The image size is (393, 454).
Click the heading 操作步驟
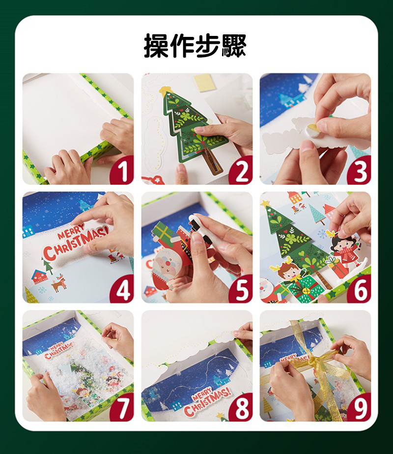click(x=195, y=46)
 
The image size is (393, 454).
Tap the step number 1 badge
click(x=122, y=171)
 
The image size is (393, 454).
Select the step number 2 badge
click(x=241, y=171)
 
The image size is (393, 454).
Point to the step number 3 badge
click(x=360, y=171)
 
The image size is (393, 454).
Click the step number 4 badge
click(x=122, y=289)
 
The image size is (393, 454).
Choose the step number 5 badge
click(x=241, y=289)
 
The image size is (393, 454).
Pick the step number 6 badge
click(x=360, y=289)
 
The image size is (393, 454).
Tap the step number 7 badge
click(x=122, y=408)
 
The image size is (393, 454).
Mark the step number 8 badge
click(x=241, y=408)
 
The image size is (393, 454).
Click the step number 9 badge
click(x=360, y=408)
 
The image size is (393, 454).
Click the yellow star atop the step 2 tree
click(x=165, y=91)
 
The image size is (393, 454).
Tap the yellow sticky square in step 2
click(x=203, y=83)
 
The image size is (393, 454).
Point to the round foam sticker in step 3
click(x=312, y=130)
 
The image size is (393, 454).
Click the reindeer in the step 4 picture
click(x=59, y=283)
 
